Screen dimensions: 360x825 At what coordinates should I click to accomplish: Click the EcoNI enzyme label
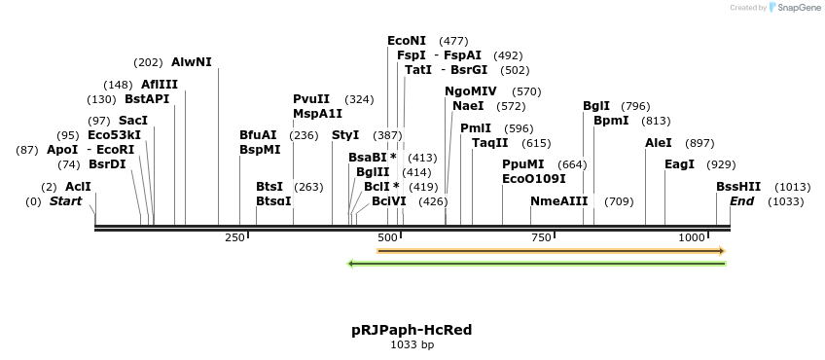pyautogui.click(x=407, y=41)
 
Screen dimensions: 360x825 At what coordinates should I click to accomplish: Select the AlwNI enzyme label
pyautogui.click(x=191, y=62)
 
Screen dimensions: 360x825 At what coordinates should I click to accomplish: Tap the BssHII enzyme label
pyautogui.click(x=738, y=187)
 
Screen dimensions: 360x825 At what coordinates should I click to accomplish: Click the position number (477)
pyautogui.click(x=453, y=41)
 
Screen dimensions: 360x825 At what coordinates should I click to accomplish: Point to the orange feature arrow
pyautogui.click(x=551, y=251)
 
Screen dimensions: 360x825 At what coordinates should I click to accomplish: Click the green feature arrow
pyautogui.click(x=537, y=263)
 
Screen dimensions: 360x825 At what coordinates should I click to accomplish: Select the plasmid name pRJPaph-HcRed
pyautogui.click(x=412, y=330)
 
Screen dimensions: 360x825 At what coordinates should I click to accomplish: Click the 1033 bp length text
pyautogui.click(x=412, y=344)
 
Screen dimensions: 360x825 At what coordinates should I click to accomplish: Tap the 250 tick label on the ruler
pyautogui.click(x=234, y=237)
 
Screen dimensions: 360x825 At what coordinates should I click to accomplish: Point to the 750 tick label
pyautogui.click(x=541, y=237)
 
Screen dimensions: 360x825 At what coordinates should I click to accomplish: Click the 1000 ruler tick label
pyautogui.click(x=692, y=237)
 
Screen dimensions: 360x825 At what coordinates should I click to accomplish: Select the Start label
pyautogui.click(x=65, y=201)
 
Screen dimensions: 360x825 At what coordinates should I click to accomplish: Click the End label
pyautogui.click(x=741, y=201)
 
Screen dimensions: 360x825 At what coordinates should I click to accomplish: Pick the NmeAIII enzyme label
pyautogui.click(x=559, y=201)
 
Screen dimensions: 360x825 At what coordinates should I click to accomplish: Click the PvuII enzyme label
pyautogui.click(x=311, y=99)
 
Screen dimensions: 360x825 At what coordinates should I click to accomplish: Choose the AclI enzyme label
pyautogui.click(x=78, y=187)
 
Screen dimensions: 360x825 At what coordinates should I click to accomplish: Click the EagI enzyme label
pyautogui.click(x=679, y=164)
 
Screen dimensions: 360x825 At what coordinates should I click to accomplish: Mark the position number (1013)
pyautogui.click(x=793, y=187)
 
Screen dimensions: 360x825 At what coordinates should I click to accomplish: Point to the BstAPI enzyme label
pyautogui.click(x=147, y=99)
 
